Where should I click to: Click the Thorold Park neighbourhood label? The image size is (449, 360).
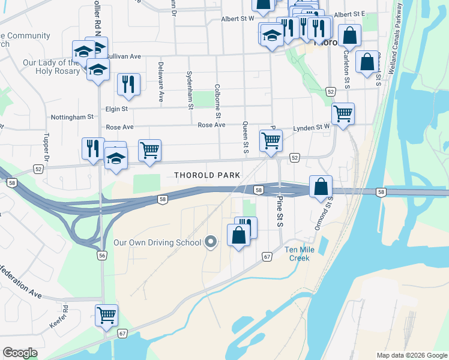206,175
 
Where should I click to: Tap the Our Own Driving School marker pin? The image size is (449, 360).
210,242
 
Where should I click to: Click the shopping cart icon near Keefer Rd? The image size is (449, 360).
106,315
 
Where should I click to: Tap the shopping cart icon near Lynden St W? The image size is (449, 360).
342,113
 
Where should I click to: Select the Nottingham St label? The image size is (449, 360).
73,117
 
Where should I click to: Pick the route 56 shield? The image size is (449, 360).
103,255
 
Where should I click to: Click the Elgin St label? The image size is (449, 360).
116,109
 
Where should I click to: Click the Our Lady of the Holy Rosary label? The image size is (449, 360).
51,67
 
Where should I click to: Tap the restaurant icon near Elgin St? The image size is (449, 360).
128,84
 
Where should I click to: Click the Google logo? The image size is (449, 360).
20,353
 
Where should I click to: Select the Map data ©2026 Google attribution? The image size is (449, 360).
412,355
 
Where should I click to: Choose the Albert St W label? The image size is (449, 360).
238,19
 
